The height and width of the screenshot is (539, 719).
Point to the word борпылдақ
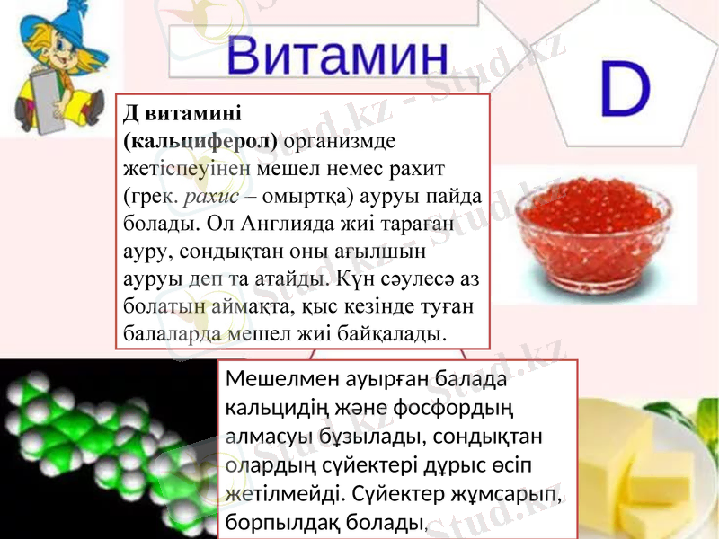(281, 520)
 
